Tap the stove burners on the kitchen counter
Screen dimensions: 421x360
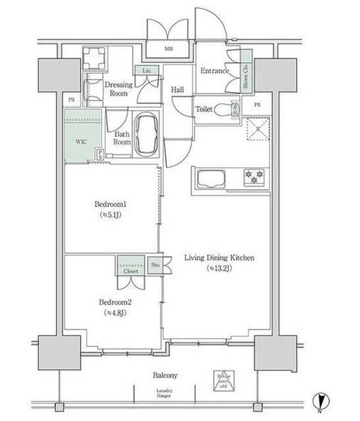[x=253, y=176]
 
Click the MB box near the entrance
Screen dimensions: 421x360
[x=169, y=48]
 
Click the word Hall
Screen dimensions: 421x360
[x=177, y=89]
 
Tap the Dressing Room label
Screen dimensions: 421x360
[x=119, y=89]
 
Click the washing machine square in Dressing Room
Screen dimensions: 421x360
[x=94, y=59]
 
